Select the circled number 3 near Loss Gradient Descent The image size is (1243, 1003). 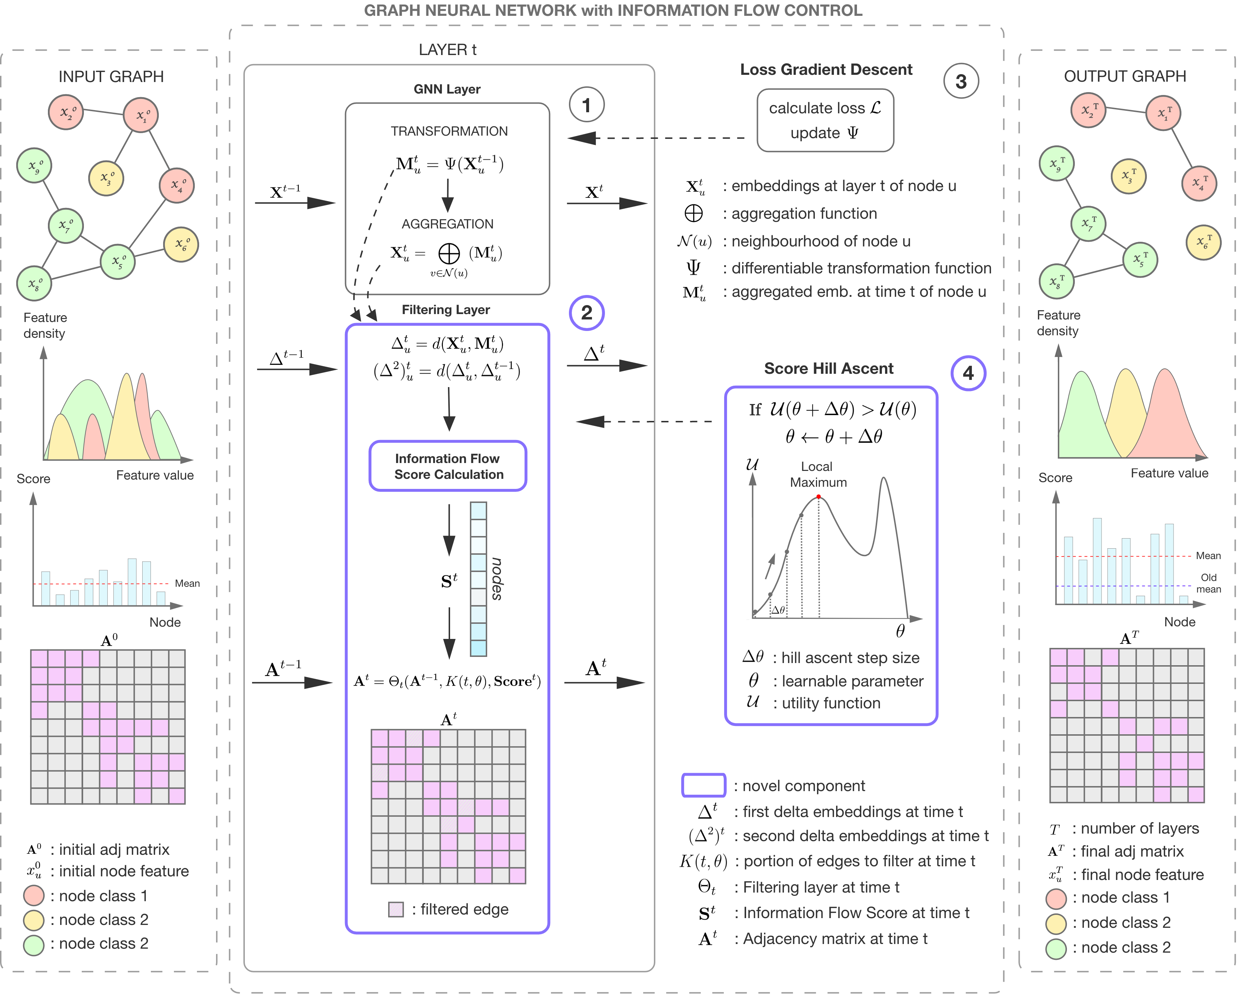[960, 81]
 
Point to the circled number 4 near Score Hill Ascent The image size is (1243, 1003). [968, 373]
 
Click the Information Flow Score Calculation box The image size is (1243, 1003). [448, 466]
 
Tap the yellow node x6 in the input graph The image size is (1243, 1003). [181, 244]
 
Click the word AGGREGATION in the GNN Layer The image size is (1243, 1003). [448, 224]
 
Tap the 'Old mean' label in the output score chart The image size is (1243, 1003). [1208, 583]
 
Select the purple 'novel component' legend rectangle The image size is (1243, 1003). [704, 785]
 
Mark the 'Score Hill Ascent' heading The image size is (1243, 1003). [829, 369]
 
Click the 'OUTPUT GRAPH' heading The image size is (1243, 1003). [1125, 76]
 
